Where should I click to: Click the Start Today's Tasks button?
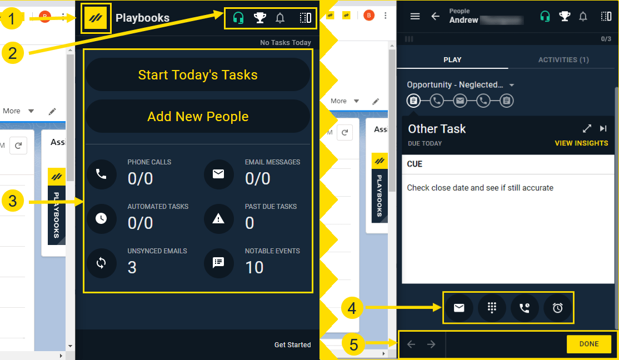click(x=197, y=75)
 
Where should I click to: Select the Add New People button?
click(x=197, y=117)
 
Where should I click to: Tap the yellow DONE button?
click(x=588, y=344)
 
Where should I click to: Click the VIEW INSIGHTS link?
click(x=581, y=143)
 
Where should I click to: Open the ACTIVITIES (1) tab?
click(x=563, y=60)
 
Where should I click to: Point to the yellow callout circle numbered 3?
click(x=13, y=201)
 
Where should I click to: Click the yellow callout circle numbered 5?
click(x=353, y=344)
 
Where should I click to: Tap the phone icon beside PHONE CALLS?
click(x=101, y=174)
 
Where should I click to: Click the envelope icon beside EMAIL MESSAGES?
click(x=218, y=174)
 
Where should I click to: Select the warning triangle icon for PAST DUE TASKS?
click(x=218, y=218)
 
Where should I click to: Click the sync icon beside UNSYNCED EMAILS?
click(x=101, y=263)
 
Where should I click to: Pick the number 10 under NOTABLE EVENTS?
click(x=254, y=268)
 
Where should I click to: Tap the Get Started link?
click(x=292, y=345)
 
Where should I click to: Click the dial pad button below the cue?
click(x=492, y=308)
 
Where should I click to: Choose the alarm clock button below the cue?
click(x=557, y=308)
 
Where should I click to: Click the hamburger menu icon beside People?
click(x=415, y=16)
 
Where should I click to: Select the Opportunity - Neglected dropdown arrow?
click(x=512, y=86)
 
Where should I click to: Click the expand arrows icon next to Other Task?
click(x=587, y=129)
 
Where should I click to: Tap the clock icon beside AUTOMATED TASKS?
click(x=101, y=218)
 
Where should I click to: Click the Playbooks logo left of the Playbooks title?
click(x=96, y=18)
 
